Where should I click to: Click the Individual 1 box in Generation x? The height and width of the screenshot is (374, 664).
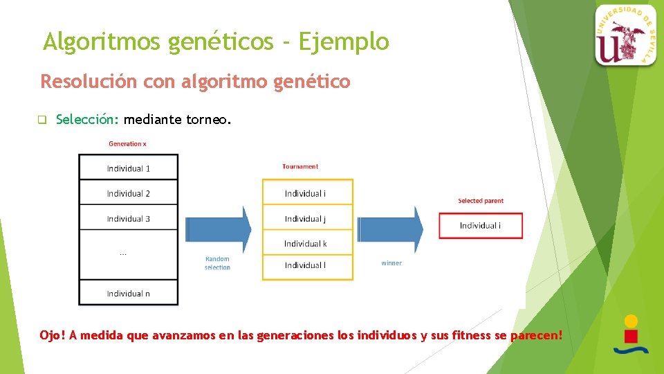[x=128, y=168]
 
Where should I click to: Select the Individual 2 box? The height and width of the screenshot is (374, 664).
[x=128, y=193]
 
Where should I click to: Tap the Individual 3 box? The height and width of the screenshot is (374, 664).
[x=128, y=219]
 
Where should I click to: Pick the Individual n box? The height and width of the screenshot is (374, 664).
[x=128, y=293]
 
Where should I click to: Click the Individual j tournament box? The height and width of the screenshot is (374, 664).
[x=307, y=219]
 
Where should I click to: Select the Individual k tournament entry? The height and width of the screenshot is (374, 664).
[x=307, y=244]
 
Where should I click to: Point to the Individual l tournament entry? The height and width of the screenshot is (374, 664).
[x=307, y=266]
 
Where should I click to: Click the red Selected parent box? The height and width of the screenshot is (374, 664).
[x=481, y=226]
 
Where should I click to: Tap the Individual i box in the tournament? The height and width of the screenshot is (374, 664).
[x=307, y=193]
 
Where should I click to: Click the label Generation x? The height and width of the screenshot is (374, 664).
[x=127, y=144]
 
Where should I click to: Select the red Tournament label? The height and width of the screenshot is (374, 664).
[x=300, y=166]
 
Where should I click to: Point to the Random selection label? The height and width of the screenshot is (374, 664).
[x=217, y=263]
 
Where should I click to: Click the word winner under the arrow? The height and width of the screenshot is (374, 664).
[x=391, y=263]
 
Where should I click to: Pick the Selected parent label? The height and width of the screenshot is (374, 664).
[x=481, y=201]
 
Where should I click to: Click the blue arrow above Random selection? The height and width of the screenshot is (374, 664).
[x=219, y=229]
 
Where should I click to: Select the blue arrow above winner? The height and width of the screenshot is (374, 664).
[x=391, y=229]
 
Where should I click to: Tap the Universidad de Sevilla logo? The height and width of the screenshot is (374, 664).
[x=625, y=35]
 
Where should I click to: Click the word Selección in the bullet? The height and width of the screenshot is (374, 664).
[x=88, y=120]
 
